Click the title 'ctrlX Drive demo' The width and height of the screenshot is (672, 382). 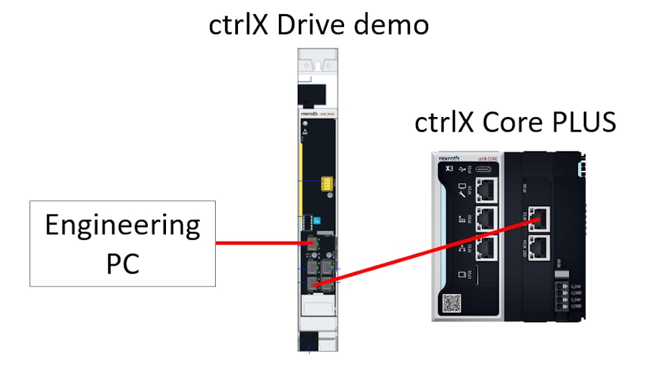point(319,24)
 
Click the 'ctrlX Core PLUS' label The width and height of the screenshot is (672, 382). point(515,122)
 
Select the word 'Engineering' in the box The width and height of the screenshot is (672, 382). point(122,226)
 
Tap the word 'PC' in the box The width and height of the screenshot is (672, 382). point(122,264)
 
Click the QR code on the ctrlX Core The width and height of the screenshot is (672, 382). point(451,303)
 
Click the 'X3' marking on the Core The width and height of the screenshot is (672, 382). point(449,168)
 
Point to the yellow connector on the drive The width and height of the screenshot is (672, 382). point(327,183)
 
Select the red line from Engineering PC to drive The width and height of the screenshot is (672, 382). point(259,242)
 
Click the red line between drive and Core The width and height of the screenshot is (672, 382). point(430,252)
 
